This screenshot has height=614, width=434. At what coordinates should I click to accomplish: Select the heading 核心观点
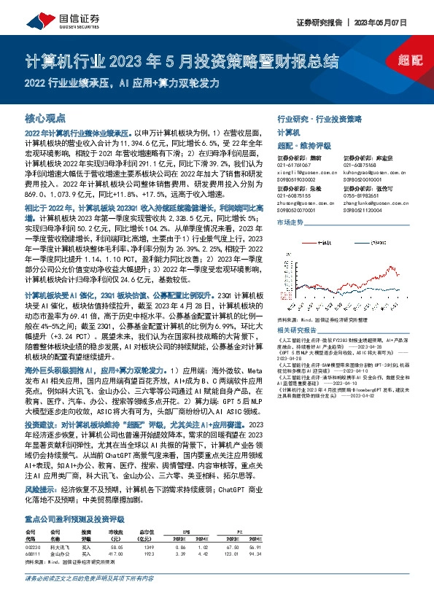tap(45, 117)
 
